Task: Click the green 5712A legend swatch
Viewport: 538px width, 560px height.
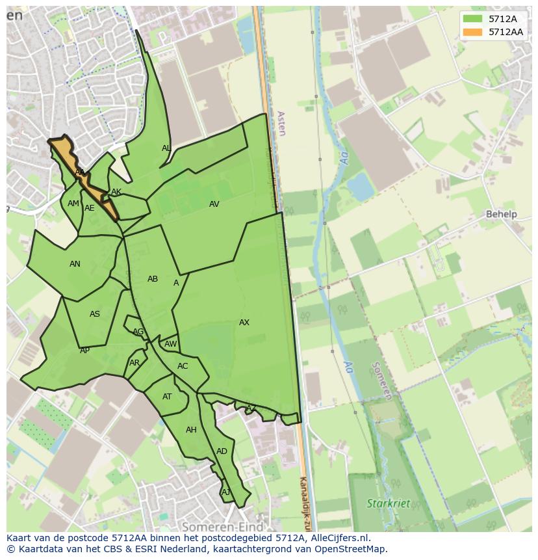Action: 472,19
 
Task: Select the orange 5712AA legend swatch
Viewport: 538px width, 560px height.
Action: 472,31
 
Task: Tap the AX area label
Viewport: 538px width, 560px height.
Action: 244,323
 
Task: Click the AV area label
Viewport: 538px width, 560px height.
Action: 214,204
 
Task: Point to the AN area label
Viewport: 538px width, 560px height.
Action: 75,264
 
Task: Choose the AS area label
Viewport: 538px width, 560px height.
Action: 95,314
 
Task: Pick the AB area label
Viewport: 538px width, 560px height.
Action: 153,279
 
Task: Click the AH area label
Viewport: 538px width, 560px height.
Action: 191,430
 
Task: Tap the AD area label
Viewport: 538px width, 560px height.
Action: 222,451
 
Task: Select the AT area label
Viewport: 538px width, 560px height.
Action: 167,397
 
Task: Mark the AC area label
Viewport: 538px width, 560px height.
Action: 183,366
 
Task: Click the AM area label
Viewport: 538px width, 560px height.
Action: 73,204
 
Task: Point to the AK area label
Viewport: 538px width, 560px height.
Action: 116,192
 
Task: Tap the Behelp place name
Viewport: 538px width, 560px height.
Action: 502,214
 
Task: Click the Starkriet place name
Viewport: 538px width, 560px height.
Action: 389,503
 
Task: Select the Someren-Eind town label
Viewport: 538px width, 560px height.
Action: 223,526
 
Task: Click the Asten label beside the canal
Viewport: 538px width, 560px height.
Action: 281,123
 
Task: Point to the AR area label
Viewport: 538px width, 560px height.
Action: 134,363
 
